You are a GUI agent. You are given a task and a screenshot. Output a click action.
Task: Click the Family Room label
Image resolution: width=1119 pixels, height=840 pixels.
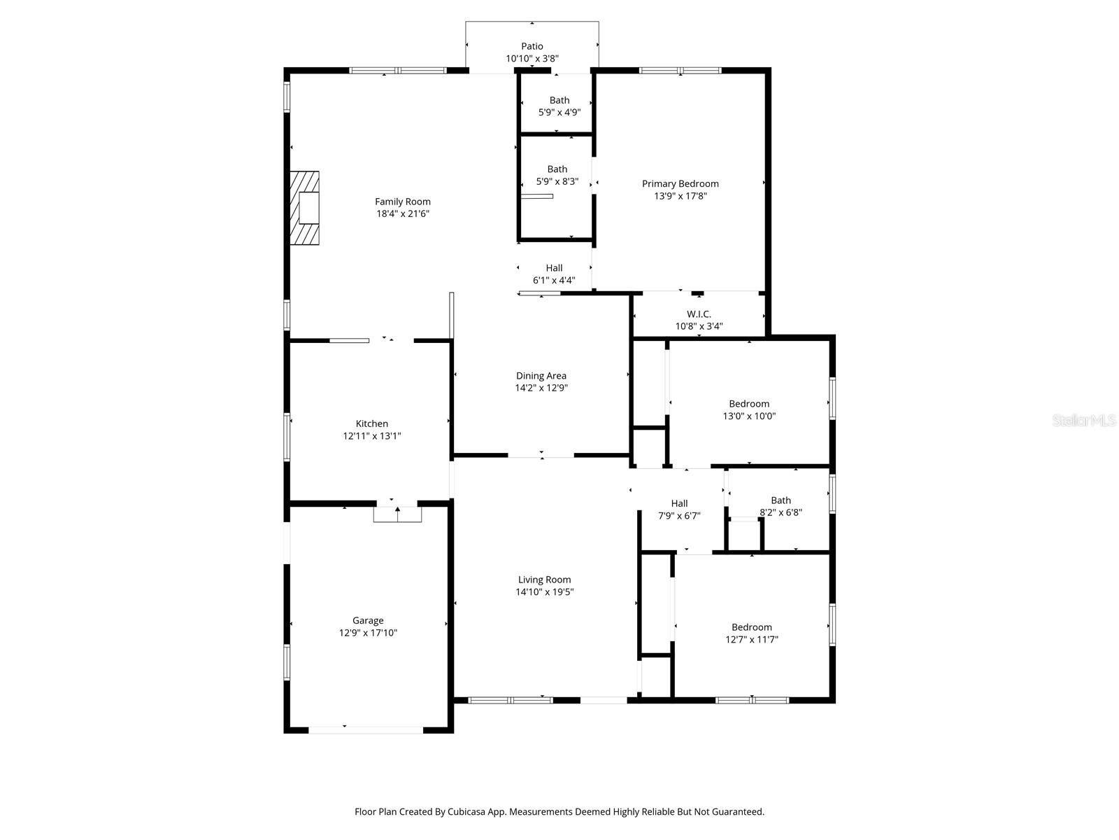coord(403,202)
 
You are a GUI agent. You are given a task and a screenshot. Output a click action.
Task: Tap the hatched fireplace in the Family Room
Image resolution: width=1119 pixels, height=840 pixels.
coord(306,208)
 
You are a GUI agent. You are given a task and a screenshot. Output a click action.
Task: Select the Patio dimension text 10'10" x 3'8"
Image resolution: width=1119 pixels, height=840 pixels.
coord(532,59)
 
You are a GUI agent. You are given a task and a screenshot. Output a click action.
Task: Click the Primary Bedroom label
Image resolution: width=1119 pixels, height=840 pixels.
coord(680,183)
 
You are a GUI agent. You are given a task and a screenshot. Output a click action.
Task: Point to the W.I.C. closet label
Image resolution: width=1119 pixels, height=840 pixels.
coord(699,314)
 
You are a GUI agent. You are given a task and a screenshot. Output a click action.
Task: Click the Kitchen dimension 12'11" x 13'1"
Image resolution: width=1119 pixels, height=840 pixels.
coord(372,436)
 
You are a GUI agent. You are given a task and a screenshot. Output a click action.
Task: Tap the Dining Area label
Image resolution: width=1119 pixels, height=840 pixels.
coord(541,376)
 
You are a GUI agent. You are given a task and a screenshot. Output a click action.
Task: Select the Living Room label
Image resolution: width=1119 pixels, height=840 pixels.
coord(544,580)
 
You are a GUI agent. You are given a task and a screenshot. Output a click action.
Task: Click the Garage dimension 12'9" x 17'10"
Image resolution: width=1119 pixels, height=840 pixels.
coord(368,633)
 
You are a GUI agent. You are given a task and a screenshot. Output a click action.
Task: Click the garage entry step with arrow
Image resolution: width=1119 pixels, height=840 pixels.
coord(397,514)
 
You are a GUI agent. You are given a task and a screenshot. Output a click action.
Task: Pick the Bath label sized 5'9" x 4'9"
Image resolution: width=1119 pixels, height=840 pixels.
coord(559,100)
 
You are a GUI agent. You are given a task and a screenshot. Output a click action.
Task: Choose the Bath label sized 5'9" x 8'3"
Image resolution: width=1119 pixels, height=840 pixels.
coord(557,169)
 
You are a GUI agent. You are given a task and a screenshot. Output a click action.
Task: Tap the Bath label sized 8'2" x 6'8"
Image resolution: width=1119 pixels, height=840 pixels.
coord(781,500)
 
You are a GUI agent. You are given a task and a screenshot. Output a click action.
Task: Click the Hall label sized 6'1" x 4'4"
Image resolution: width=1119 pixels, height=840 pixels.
coord(554,267)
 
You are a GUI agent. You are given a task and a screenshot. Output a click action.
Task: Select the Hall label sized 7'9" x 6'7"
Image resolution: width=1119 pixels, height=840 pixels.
coord(679,503)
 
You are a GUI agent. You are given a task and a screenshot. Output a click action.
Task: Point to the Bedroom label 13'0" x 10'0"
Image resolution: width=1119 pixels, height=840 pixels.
coord(749,403)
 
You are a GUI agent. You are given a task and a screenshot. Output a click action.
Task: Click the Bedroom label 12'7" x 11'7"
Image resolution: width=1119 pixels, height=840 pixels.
coord(752,627)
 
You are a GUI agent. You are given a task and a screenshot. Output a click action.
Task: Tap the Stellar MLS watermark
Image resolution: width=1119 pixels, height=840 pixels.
coord(1084,420)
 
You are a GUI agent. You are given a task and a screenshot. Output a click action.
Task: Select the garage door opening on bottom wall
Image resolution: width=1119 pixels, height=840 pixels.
coord(366,730)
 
